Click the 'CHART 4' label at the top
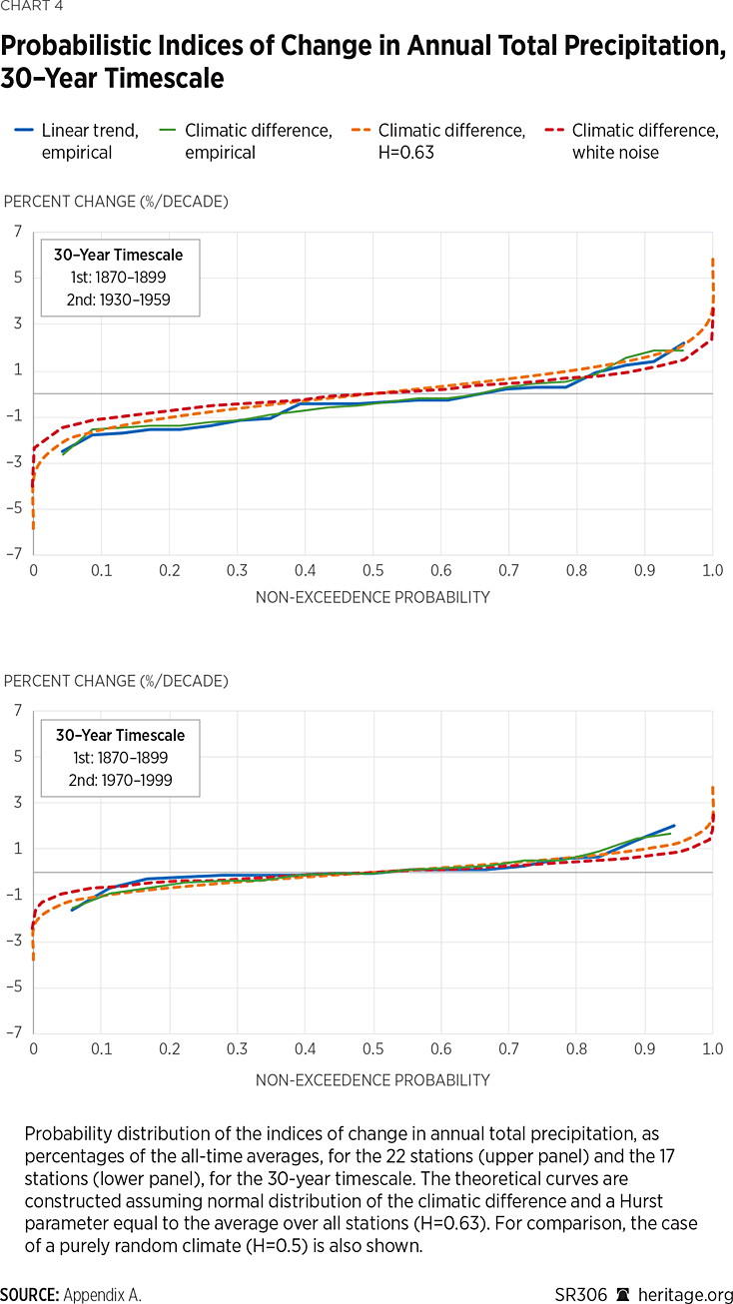29,13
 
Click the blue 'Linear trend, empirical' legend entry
90,141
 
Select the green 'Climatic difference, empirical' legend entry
258,141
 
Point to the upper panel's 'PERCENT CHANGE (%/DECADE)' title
116,202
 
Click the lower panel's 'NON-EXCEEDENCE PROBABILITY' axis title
372,1079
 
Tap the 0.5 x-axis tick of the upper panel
372,571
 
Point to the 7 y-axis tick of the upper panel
17,232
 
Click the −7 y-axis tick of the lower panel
14,1033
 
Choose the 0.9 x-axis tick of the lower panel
645,1050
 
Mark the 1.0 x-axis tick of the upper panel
712,571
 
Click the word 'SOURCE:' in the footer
30,1294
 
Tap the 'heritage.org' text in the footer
690,1294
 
